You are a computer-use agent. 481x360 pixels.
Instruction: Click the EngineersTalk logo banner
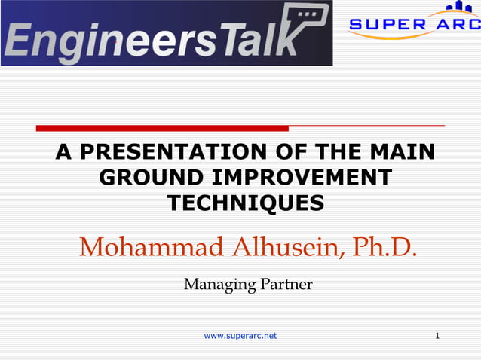166,34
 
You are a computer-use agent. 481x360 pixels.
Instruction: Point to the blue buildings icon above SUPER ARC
458,8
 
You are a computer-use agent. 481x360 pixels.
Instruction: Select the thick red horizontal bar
162,128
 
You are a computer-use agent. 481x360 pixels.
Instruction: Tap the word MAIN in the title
404,152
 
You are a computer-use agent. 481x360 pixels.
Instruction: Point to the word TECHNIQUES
245,203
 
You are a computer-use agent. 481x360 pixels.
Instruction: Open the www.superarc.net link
240,335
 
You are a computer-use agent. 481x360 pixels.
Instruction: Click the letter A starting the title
63,152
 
